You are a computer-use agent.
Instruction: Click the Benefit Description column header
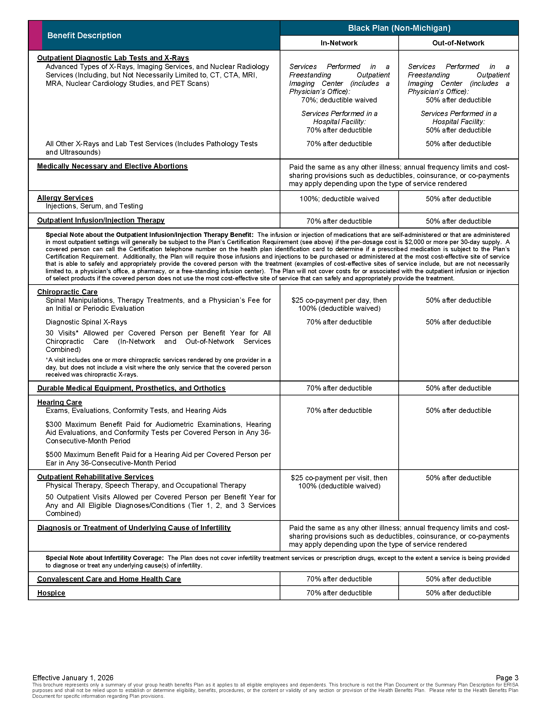click(x=84, y=35)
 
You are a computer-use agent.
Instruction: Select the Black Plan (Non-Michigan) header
click(x=399, y=28)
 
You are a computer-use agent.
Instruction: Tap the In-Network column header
click(x=339, y=43)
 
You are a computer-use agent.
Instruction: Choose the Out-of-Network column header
click(x=458, y=43)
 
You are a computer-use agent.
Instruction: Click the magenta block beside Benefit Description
click(x=35, y=35)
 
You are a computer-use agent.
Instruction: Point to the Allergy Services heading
click(x=65, y=198)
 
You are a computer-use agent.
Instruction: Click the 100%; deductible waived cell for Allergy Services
click(x=339, y=199)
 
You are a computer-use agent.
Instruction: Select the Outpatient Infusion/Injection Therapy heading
click(x=100, y=220)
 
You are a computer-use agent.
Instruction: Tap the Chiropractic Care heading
click(x=67, y=292)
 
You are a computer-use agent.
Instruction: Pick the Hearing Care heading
click(x=59, y=402)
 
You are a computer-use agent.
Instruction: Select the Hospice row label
click(x=51, y=593)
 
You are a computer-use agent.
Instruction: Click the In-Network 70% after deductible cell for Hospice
click(x=339, y=593)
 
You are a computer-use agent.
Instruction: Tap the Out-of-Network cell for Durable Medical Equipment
click(x=458, y=388)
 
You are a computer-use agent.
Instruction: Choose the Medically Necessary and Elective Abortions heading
click(x=112, y=166)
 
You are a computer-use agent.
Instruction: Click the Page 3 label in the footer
click(x=507, y=678)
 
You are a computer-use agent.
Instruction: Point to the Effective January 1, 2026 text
click(x=73, y=678)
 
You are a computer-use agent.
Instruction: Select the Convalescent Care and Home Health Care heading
click(x=109, y=579)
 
